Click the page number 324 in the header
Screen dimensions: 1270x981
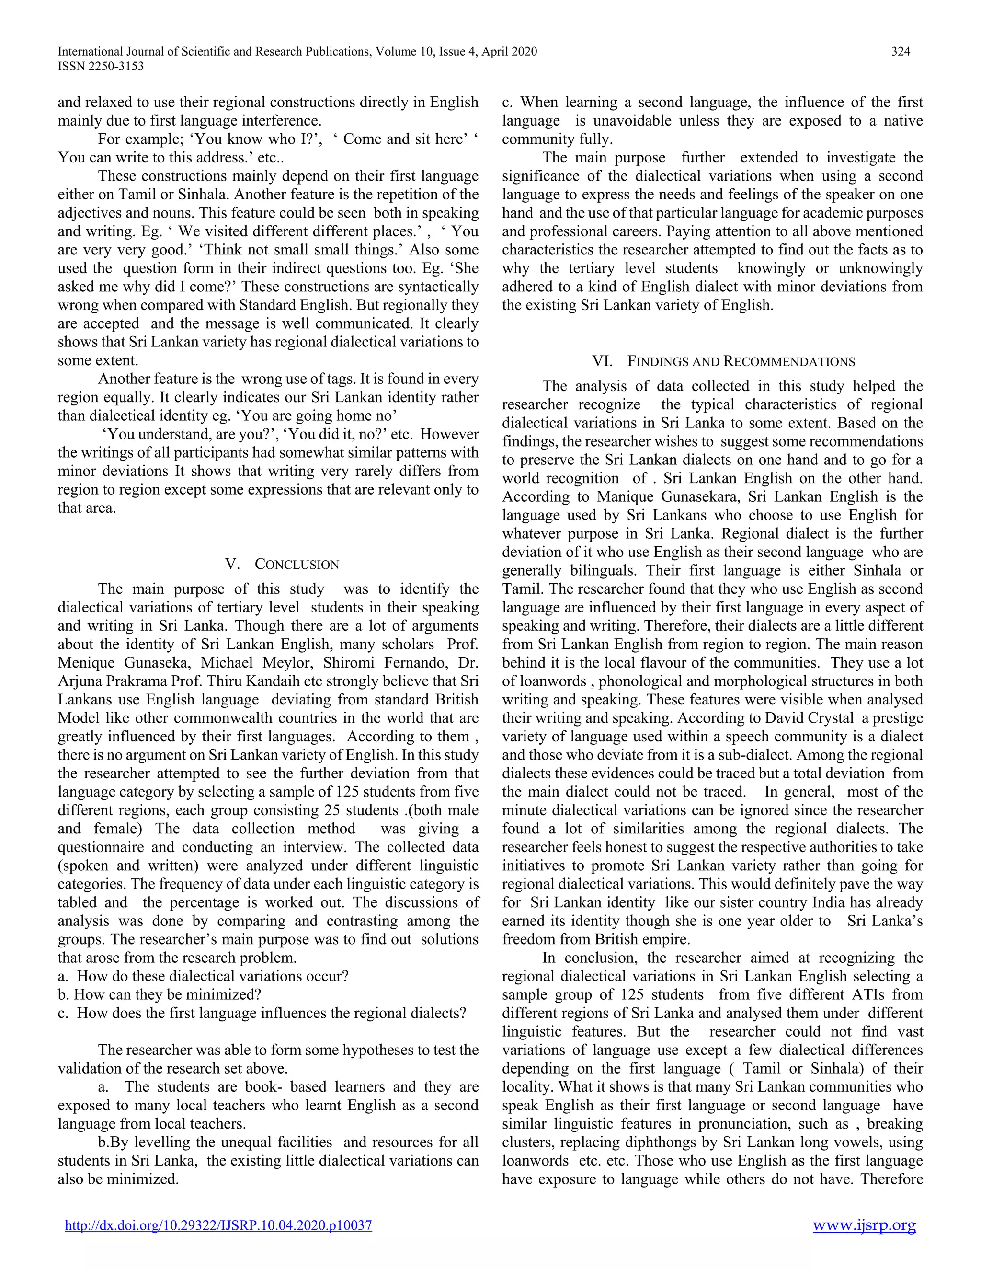tap(900, 51)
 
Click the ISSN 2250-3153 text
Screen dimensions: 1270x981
tap(101, 66)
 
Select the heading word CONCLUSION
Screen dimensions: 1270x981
tap(297, 564)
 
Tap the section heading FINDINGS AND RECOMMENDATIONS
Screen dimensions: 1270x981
tap(741, 361)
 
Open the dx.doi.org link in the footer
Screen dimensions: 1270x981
tap(218, 1225)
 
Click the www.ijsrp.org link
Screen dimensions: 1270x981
tap(864, 1225)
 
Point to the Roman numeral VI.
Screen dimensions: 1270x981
tap(602, 361)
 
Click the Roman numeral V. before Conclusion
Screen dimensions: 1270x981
tap(232, 564)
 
